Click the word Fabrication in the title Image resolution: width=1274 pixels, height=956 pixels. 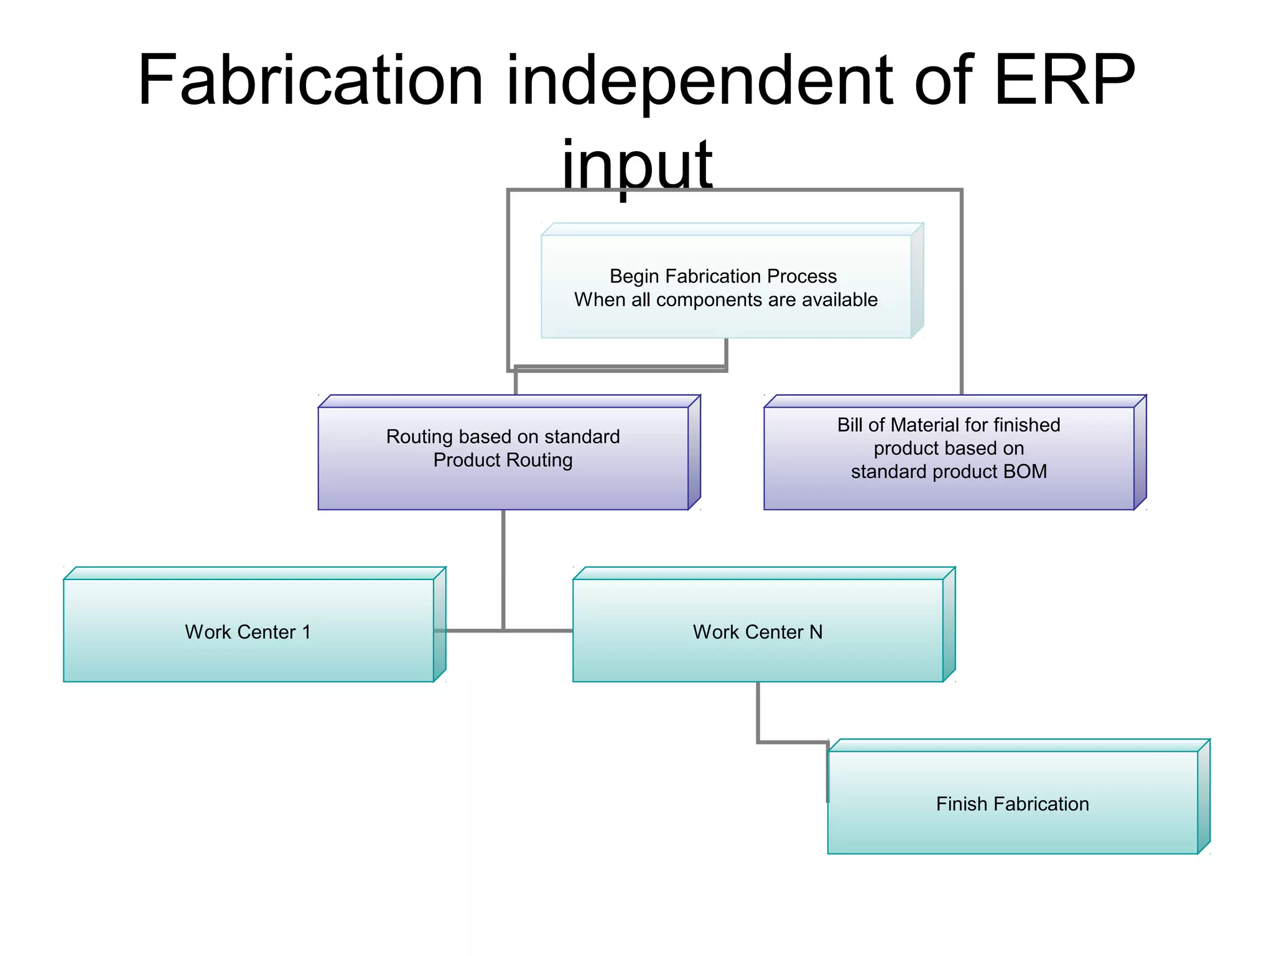coord(310,81)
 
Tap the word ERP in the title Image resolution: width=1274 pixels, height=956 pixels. coord(1064,81)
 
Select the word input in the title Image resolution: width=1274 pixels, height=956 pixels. coord(636,165)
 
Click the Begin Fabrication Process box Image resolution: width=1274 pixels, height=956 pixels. coord(725,287)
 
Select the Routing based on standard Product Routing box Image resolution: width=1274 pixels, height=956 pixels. coord(503,457)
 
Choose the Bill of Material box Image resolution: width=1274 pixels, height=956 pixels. coord(948,457)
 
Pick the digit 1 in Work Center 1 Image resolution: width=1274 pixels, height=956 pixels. coord(306,632)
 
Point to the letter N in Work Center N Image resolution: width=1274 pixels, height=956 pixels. coord(816,632)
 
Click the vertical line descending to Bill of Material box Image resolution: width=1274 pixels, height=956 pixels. coord(961,293)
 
